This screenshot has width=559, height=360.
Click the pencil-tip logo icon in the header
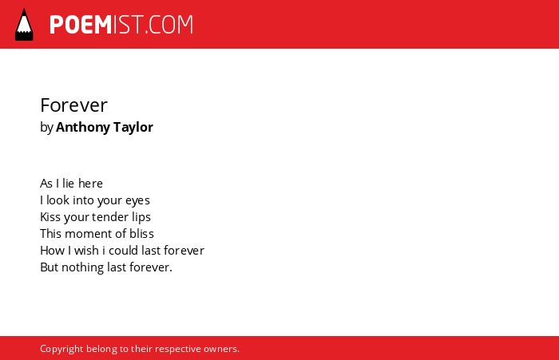click(x=24, y=25)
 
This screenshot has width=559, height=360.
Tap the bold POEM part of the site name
click(x=81, y=25)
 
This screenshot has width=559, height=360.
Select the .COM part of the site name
click(x=169, y=25)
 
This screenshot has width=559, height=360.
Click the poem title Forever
click(x=73, y=105)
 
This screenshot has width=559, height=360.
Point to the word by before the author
click(x=46, y=128)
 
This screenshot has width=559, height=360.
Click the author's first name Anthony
click(x=83, y=128)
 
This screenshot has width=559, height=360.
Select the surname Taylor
click(x=133, y=128)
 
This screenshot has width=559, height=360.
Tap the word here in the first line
click(x=90, y=184)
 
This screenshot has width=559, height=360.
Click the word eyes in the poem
click(x=137, y=200)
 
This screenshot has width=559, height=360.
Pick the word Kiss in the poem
click(x=50, y=216)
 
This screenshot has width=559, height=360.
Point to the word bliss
click(x=141, y=233)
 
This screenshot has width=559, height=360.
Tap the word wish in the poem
click(x=86, y=250)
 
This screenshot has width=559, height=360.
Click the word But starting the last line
click(x=50, y=267)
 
